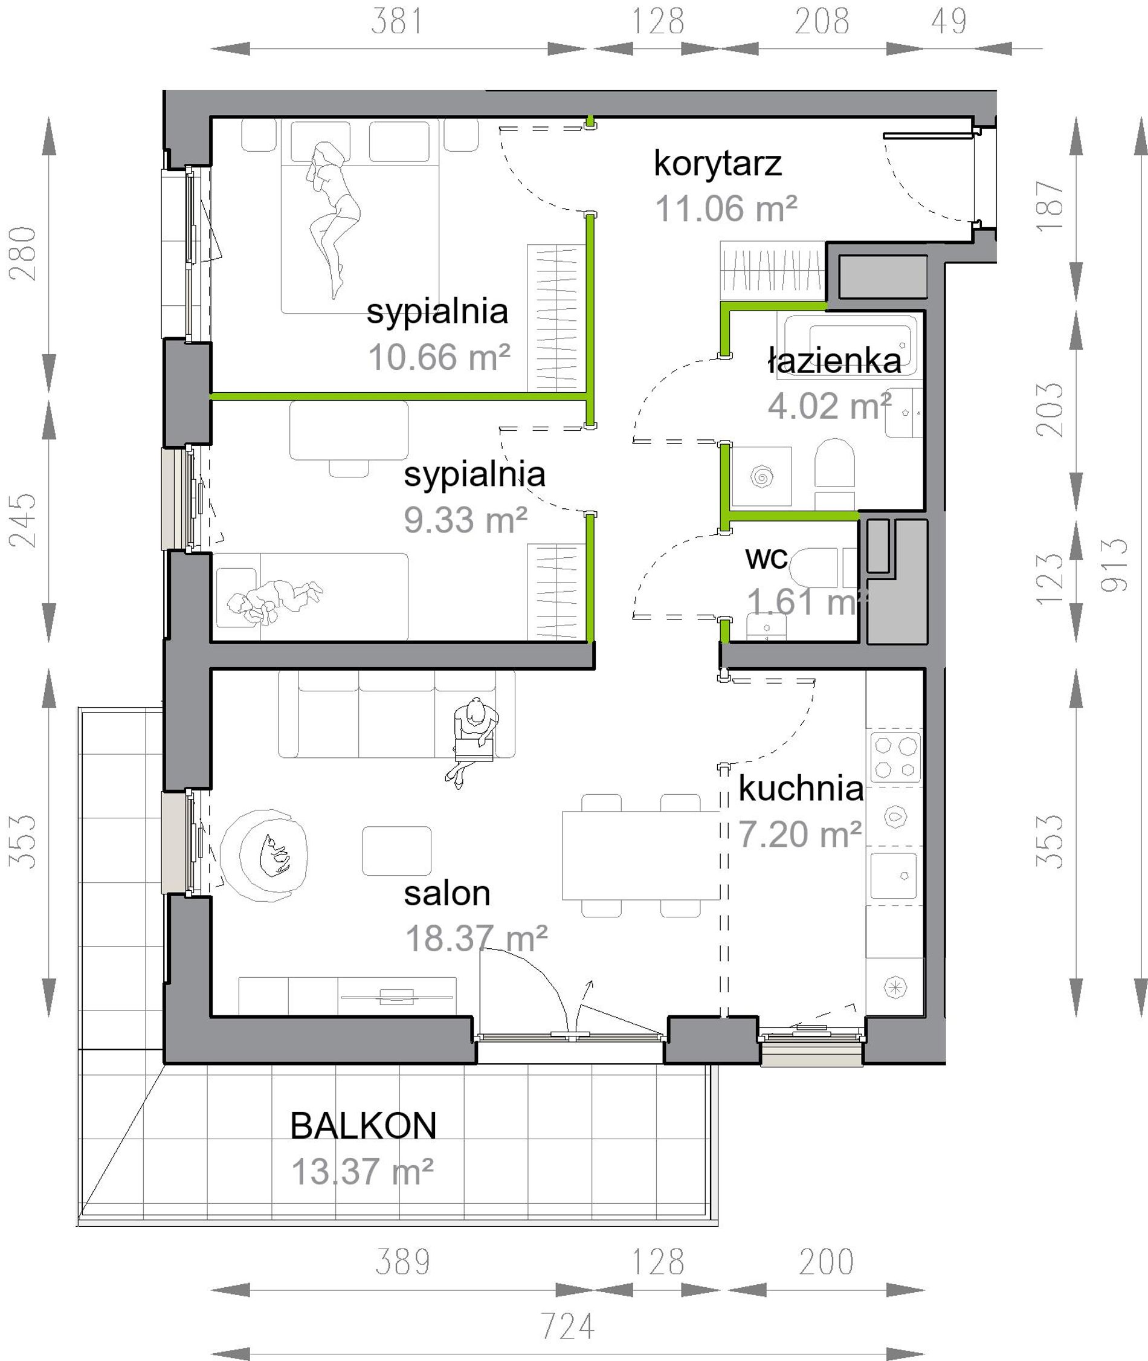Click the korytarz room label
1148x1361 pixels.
point(717,164)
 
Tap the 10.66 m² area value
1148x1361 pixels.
point(439,357)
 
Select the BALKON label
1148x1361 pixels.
point(363,1126)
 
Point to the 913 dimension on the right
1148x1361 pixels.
point(1114,565)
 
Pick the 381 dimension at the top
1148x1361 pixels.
point(397,22)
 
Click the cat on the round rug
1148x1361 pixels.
point(273,854)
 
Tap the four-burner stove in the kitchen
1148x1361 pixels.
point(895,756)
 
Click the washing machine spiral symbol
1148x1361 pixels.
point(761,476)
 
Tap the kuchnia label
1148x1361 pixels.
point(801,789)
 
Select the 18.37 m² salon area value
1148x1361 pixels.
point(476,939)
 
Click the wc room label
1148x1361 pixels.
point(767,558)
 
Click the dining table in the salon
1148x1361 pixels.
point(641,855)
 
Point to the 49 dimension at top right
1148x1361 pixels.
point(949,22)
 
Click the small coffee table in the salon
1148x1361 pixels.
point(397,852)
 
